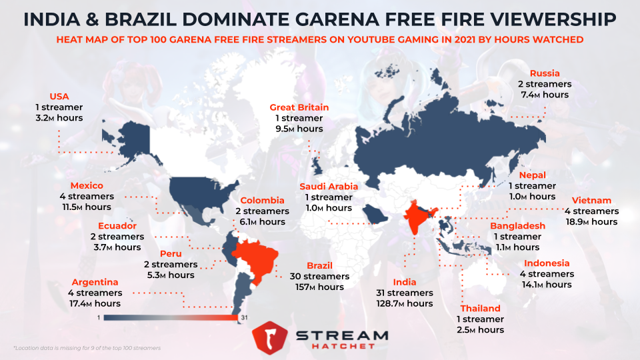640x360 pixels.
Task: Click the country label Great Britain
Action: tap(299, 107)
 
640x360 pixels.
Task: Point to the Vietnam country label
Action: tap(591, 200)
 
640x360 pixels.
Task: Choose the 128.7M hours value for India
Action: tap(405, 303)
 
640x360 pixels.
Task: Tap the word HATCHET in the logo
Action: tap(341, 347)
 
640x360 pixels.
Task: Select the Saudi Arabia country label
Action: tap(329, 187)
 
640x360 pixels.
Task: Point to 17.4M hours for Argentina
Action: tap(93, 303)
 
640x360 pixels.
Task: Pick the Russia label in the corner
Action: tap(545, 73)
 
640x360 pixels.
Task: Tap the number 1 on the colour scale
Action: tap(98, 317)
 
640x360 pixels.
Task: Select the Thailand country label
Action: tap(480, 309)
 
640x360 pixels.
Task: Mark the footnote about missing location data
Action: tap(87, 348)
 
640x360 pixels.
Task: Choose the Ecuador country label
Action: tap(117, 225)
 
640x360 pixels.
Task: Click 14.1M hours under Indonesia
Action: tap(547, 285)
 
